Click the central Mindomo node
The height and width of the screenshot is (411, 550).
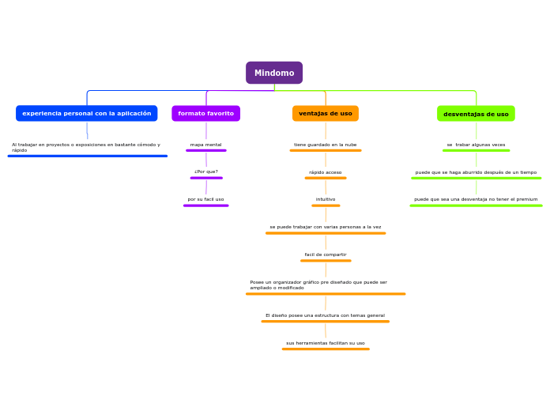(274, 73)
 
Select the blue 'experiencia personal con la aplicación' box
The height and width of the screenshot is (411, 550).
(87, 113)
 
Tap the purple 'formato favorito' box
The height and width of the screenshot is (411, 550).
(206, 113)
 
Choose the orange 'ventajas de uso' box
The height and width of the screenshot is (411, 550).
(326, 113)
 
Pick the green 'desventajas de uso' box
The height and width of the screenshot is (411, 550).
(476, 114)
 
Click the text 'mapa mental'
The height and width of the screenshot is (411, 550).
(206, 145)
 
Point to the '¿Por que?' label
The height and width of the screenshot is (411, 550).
(206, 172)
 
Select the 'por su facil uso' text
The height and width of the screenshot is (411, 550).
(205, 199)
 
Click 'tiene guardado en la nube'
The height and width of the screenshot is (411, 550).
(326, 145)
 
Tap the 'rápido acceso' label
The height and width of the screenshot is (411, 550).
(326, 172)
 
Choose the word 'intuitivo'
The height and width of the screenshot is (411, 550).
(326, 199)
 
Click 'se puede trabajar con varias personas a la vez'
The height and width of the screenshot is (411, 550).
(326, 227)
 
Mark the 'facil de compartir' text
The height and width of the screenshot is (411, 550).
(326, 255)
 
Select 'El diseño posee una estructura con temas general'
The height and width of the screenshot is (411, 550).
(326, 315)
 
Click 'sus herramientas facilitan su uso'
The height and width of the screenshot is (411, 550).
(326, 343)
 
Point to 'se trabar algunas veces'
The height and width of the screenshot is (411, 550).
(476, 145)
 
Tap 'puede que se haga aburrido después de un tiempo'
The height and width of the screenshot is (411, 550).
(476, 172)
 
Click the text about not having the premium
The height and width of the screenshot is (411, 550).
(476, 199)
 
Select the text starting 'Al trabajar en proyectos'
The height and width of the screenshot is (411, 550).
(86, 147)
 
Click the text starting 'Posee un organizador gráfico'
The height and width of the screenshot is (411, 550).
(318, 285)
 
